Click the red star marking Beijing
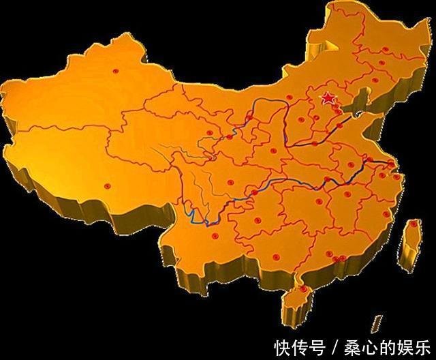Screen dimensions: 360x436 (328, 100)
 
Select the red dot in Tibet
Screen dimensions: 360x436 (106, 185)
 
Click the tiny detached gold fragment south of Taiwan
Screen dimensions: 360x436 (376, 320)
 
